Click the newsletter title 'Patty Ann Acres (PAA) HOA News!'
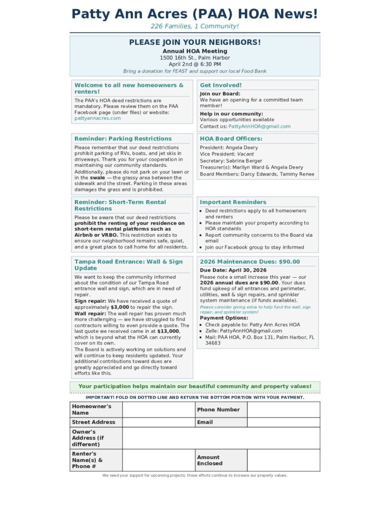pos(195,14)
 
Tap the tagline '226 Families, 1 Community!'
pos(195,26)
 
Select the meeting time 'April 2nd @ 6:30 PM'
pos(195,64)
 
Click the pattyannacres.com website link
pos(98,118)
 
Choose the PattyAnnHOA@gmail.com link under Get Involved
pos(259,126)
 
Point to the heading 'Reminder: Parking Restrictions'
pos(123,139)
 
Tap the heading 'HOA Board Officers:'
pos(231,139)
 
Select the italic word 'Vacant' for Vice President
pos(246,154)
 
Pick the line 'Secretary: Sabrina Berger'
pos(231,161)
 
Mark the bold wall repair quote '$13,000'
pos(168,331)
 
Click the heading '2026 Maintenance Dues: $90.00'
pos(249,262)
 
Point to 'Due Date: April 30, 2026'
pos(233,270)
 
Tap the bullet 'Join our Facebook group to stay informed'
pos(254,248)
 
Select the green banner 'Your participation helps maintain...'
pos(195,386)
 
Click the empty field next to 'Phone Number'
pos(283,410)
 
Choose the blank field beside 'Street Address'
pos(158,422)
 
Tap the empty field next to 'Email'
pos(283,422)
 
